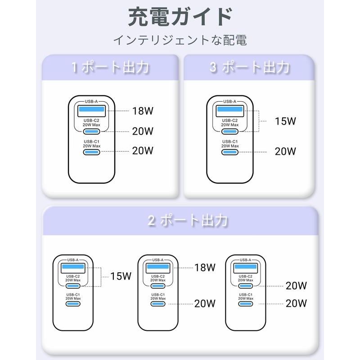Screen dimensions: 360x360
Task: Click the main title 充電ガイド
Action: pyautogui.click(x=180, y=17)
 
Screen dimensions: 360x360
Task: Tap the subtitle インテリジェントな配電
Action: pyautogui.click(x=180, y=40)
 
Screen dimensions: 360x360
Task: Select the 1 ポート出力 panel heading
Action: pyautogui.click(x=110, y=67)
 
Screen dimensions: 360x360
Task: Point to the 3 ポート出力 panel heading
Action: pyautogui.click(x=249, y=67)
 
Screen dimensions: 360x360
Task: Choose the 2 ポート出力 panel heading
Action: pyautogui.click(x=188, y=220)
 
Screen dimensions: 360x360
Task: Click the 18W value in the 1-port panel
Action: pyautogui.click(x=143, y=111)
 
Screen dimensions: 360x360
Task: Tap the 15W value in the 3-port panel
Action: pyautogui.click(x=285, y=121)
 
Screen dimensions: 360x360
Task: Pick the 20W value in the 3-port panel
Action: pyautogui.click(x=285, y=151)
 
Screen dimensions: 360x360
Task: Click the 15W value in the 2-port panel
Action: pyautogui.click(x=121, y=276)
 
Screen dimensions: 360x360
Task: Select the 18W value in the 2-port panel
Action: pyautogui.click(x=205, y=267)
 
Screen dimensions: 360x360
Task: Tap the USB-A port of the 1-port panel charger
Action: pyautogui.click(x=91, y=111)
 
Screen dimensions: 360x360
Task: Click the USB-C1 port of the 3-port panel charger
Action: pyautogui.click(x=230, y=152)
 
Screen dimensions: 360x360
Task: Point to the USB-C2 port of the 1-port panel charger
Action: pyautogui.click(x=91, y=131)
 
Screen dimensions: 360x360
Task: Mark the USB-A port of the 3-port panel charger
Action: pyautogui.click(x=230, y=111)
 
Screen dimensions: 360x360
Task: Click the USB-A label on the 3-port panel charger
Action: pyautogui.click(x=230, y=102)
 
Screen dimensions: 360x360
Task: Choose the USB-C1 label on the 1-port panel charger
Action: pyautogui.click(x=91, y=142)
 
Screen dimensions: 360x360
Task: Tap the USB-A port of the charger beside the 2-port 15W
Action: pyautogui.click(x=73, y=268)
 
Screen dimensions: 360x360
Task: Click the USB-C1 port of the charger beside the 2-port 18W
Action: pyautogui.click(x=158, y=304)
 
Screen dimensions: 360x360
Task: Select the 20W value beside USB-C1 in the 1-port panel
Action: pyautogui.click(x=143, y=151)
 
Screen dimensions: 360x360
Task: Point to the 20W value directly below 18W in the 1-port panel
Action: pyautogui.click(x=143, y=131)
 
